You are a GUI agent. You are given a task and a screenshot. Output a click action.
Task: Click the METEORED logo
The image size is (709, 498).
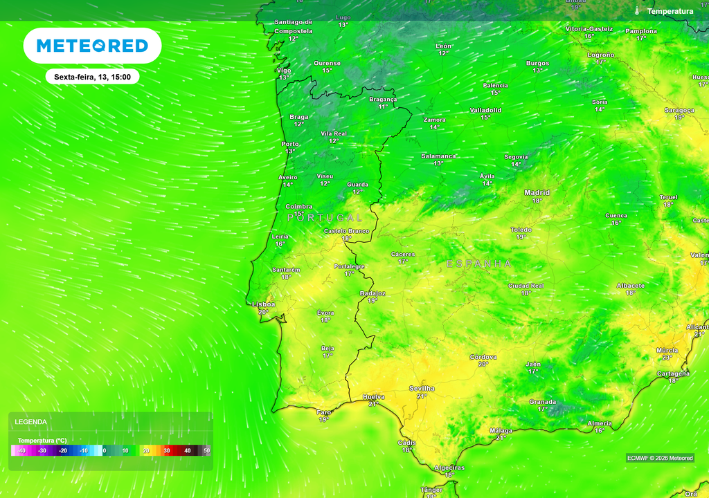coord(92,46)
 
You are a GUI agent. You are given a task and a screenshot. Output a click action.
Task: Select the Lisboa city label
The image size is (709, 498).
coord(264,304)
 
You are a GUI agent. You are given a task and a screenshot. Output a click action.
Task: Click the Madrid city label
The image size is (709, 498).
coord(537,192)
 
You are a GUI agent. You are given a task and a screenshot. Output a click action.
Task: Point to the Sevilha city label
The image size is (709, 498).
coord(422,388)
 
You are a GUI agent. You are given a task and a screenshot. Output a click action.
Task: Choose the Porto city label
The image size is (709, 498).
coord(290,144)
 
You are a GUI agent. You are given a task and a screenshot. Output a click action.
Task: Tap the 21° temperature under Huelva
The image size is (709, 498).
coord(373,404)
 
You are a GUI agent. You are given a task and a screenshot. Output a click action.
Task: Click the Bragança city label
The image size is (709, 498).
coord(383,99)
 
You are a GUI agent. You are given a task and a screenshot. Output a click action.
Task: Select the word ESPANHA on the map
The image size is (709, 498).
coord(479,264)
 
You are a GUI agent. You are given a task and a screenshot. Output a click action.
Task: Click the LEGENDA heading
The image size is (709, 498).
coord(30,421)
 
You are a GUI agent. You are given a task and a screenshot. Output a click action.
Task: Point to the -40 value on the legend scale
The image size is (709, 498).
coord(22,450)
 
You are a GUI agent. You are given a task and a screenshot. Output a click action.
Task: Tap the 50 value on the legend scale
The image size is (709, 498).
coord(206,450)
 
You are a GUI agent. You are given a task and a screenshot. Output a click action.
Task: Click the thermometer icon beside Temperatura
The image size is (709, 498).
coord(637,11)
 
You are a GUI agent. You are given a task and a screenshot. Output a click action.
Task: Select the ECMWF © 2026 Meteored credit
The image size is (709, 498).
coord(660,458)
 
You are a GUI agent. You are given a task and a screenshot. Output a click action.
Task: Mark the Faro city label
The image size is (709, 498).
coord(324,412)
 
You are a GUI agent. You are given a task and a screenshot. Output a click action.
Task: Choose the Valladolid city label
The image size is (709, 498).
coord(485,110)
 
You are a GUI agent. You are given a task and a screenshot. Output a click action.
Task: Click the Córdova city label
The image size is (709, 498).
coord(483,357)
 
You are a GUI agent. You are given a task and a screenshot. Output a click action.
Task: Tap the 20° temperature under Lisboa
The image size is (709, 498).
coord(263,312)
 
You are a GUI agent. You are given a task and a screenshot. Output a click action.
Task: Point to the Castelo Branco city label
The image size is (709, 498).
coord(346,230)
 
